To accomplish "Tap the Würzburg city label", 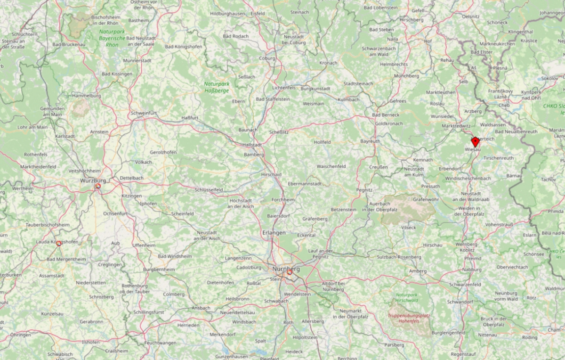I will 93,180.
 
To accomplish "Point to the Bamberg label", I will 254,155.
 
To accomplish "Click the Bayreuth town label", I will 370,141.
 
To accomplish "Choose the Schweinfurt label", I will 144,113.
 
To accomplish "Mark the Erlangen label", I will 274,233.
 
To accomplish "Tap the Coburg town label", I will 267,58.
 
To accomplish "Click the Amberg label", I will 418,271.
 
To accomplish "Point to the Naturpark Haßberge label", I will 216,87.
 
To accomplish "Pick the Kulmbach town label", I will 348,99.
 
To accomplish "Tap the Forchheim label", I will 283,200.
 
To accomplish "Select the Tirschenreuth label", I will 498,158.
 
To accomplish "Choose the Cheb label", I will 504,105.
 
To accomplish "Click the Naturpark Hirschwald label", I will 407,297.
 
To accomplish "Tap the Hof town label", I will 428,41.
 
